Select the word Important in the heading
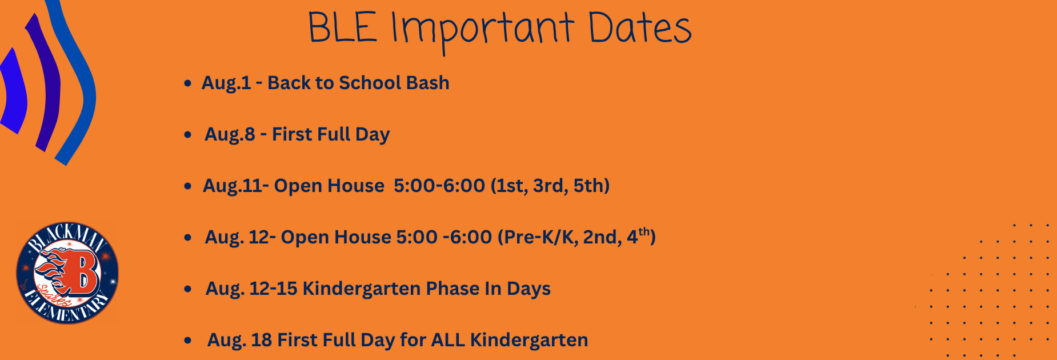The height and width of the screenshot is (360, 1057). click(483, 31)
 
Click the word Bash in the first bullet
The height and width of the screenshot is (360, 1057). click(428, 83)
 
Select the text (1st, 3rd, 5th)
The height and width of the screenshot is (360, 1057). click(550, 186)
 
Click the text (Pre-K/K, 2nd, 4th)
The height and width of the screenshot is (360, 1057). click(576, 237)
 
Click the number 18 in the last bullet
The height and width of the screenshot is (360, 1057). click(261, 340)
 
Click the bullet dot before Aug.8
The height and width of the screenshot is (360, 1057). click(187, 135)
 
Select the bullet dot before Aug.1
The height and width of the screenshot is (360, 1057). click(187, 84)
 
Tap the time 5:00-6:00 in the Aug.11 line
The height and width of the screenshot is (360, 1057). click(439, 186)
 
